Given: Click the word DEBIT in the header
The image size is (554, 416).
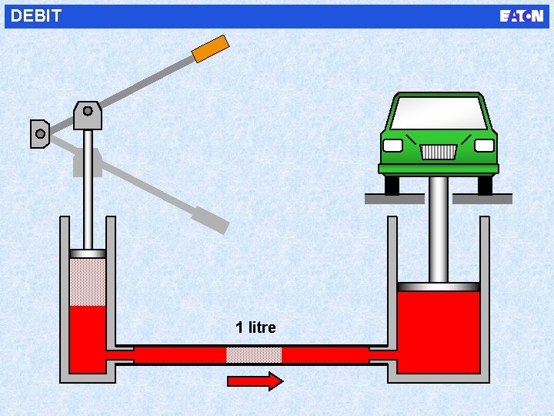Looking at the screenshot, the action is click(x=36, y=16).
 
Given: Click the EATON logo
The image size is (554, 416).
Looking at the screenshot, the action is click(x=521, y=16).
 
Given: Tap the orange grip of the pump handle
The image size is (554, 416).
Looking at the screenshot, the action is click(x=211, y=49).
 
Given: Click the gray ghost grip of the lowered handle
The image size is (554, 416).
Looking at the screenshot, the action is click(x=211, y=220).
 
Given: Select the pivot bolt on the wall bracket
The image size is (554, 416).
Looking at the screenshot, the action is click(x=40, y=134).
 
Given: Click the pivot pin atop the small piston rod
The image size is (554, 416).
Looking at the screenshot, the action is click(x=88, y=111).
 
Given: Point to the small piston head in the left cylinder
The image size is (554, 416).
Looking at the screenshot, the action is click(x=88, y=253).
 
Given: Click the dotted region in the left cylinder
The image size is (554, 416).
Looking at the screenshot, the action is click(x=88, y=282).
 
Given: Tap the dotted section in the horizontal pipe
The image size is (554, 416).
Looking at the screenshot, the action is click(x=254, y=355).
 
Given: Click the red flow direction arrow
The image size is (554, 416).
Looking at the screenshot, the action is click(x=255, y=381).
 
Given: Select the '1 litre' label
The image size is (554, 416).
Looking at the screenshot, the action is click(x=255, y=327).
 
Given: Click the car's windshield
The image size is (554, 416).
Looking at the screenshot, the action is click(x=438, y=113).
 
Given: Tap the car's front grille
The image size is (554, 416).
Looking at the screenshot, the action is click(x=439, y=152).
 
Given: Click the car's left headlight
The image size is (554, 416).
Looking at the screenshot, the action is click(x=393, y=146).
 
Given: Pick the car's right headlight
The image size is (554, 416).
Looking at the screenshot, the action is click(x=484, y=146).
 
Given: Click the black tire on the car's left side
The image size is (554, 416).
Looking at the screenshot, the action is click(x=392, y=185).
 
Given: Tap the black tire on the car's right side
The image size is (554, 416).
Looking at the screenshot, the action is click(x=485, y=185).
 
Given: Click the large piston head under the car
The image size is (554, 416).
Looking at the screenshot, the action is click(x=439, y=287).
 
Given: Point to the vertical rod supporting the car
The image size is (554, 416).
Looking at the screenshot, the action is click(x=439, y=230).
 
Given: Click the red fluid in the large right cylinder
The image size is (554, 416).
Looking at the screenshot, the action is click(x=439, y=332).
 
